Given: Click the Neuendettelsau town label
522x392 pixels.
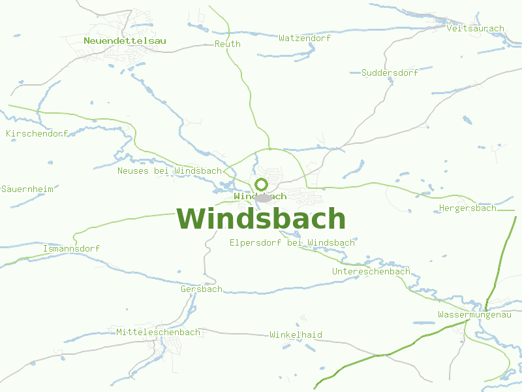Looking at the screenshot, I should click(x=125, y=41).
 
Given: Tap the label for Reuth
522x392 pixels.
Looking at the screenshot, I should click(x=228, y=44).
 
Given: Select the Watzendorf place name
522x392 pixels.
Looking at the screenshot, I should click(x=305, y=38).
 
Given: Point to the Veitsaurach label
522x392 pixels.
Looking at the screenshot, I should click(x=476, y=28).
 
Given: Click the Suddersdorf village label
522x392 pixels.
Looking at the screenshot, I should click(x=390, y=73).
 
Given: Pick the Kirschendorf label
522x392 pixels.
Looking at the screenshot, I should click(x=37, y=133).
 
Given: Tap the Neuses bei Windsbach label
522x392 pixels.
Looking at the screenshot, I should click(x=170, y=171).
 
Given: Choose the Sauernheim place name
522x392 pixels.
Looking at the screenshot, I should click(x=27, y=188).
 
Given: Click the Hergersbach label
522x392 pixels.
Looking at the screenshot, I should click(x=467, y=208).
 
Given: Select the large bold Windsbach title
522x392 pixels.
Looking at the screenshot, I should click(x=261, y=218).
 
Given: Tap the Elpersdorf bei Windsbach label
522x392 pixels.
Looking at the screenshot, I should click(x=292, y=242).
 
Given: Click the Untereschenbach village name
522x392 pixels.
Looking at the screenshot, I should click(x=371, y=271).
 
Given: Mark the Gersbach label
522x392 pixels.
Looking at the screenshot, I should click(x=201, y=289).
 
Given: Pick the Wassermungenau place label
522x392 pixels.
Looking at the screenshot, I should click(x=474, y=314).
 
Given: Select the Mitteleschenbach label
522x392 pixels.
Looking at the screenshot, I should click(x=158, y=332).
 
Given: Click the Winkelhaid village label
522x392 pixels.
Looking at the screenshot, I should click(x=296, y=335).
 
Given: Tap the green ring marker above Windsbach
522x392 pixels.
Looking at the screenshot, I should click(x=262, y=185).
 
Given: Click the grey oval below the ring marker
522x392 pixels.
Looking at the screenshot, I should click(x=264, y=198).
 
